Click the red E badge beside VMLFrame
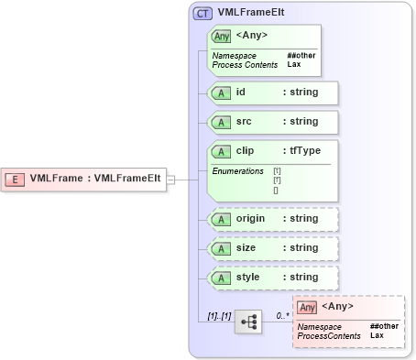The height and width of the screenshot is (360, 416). click(16, 179)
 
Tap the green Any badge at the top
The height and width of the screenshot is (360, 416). click(221, 37)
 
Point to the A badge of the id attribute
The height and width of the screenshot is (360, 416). click(221, 93)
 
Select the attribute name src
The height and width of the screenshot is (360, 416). click(245, 121)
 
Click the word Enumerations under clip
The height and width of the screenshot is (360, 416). click(238, 171)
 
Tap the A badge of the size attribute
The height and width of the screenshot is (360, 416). click(221, 248)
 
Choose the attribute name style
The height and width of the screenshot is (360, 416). click(248, 277)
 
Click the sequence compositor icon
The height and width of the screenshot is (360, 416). click(246, 322)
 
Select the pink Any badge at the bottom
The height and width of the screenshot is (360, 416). click(307, 306)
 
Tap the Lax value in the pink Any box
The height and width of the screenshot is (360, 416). click(377, 335)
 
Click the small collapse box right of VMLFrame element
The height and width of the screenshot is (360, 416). click(170, 180)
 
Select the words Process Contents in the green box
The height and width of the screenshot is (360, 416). click(244, 65)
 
